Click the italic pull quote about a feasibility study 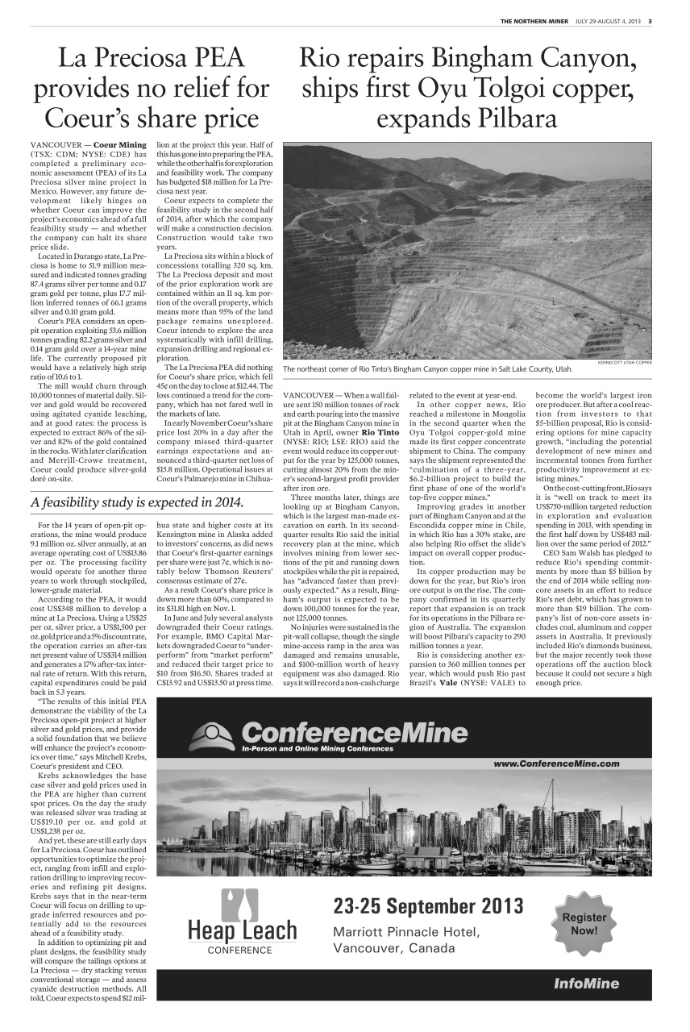137,502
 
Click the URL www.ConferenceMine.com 556,763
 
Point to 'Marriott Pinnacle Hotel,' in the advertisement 406,933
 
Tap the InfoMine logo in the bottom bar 586,983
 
